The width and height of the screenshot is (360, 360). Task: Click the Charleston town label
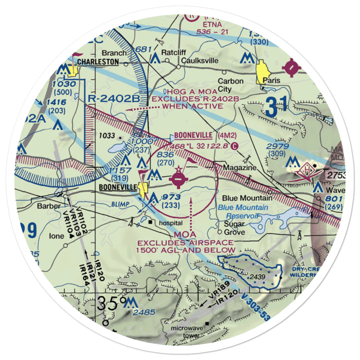pyautogui.click(x=98, y=62)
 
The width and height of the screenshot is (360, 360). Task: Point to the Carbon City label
pyautogui.click(x=230, y=85)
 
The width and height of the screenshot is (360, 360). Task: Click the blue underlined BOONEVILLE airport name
pyautogui.click(x=193, y=135)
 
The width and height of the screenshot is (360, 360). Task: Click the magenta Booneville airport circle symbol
pyautogui.click(x=179, y=179)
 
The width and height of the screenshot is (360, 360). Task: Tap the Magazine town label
pyautogui.click(x=240, y=168)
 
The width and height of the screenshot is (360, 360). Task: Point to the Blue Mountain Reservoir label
pyautogui.click(x=243, y=212)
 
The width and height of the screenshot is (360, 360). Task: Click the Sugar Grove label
pyautogui.click(x=235, y=228)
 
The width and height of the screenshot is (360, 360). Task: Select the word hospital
pyautogui.click(x=170, y=223)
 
